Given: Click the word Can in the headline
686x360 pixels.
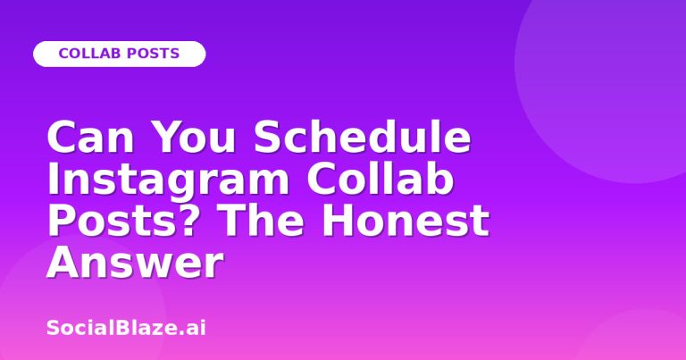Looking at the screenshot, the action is (90, 138).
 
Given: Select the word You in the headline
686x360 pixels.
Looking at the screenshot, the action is (194, 138).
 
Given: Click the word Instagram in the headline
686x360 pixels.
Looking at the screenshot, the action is (168, 180).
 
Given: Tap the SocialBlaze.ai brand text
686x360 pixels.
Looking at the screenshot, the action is (126, 328).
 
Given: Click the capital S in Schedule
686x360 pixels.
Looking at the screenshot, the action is (269, 138).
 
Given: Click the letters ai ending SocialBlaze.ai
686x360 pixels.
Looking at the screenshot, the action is (196, 328).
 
